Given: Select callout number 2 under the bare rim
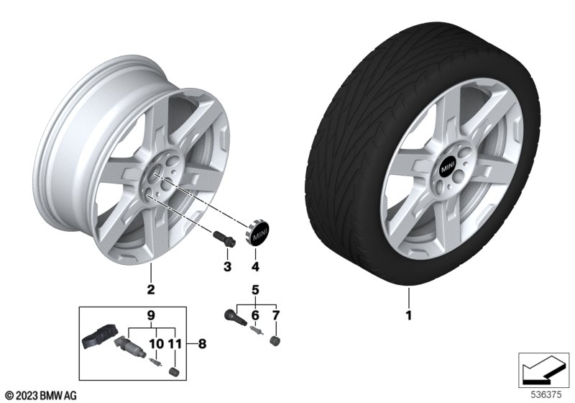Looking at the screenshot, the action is (151, 290).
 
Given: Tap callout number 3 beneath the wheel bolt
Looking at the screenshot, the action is (226, 267).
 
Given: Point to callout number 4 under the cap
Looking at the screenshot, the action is (254, 268).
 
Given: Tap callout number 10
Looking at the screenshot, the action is (153, 344).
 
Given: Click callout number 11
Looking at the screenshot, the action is (172, 344).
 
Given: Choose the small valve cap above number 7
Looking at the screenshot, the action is (275, 340).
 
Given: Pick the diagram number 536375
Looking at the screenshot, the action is (546, 394).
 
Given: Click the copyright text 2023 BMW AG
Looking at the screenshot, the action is (40, 395).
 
